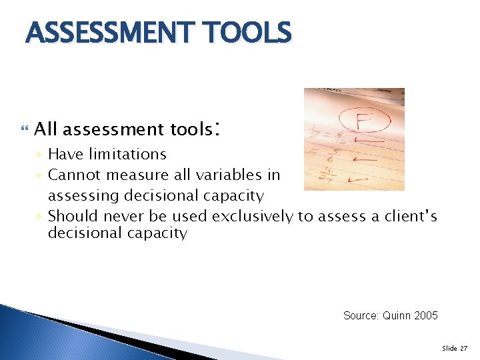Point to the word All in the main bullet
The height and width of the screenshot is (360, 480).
pyautogui.click(x=46, y=129)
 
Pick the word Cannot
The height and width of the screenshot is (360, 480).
pyautogui.click(x=71, y=175)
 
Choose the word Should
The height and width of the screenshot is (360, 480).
pyautogui.click(x=70, y=216)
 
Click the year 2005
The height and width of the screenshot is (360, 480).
pyautogui.click(x=425, y=315)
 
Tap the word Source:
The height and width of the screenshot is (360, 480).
pyautogui.click(x=361, y=315)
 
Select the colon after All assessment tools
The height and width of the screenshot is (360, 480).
pyautogui.click(x=216, y=127)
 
